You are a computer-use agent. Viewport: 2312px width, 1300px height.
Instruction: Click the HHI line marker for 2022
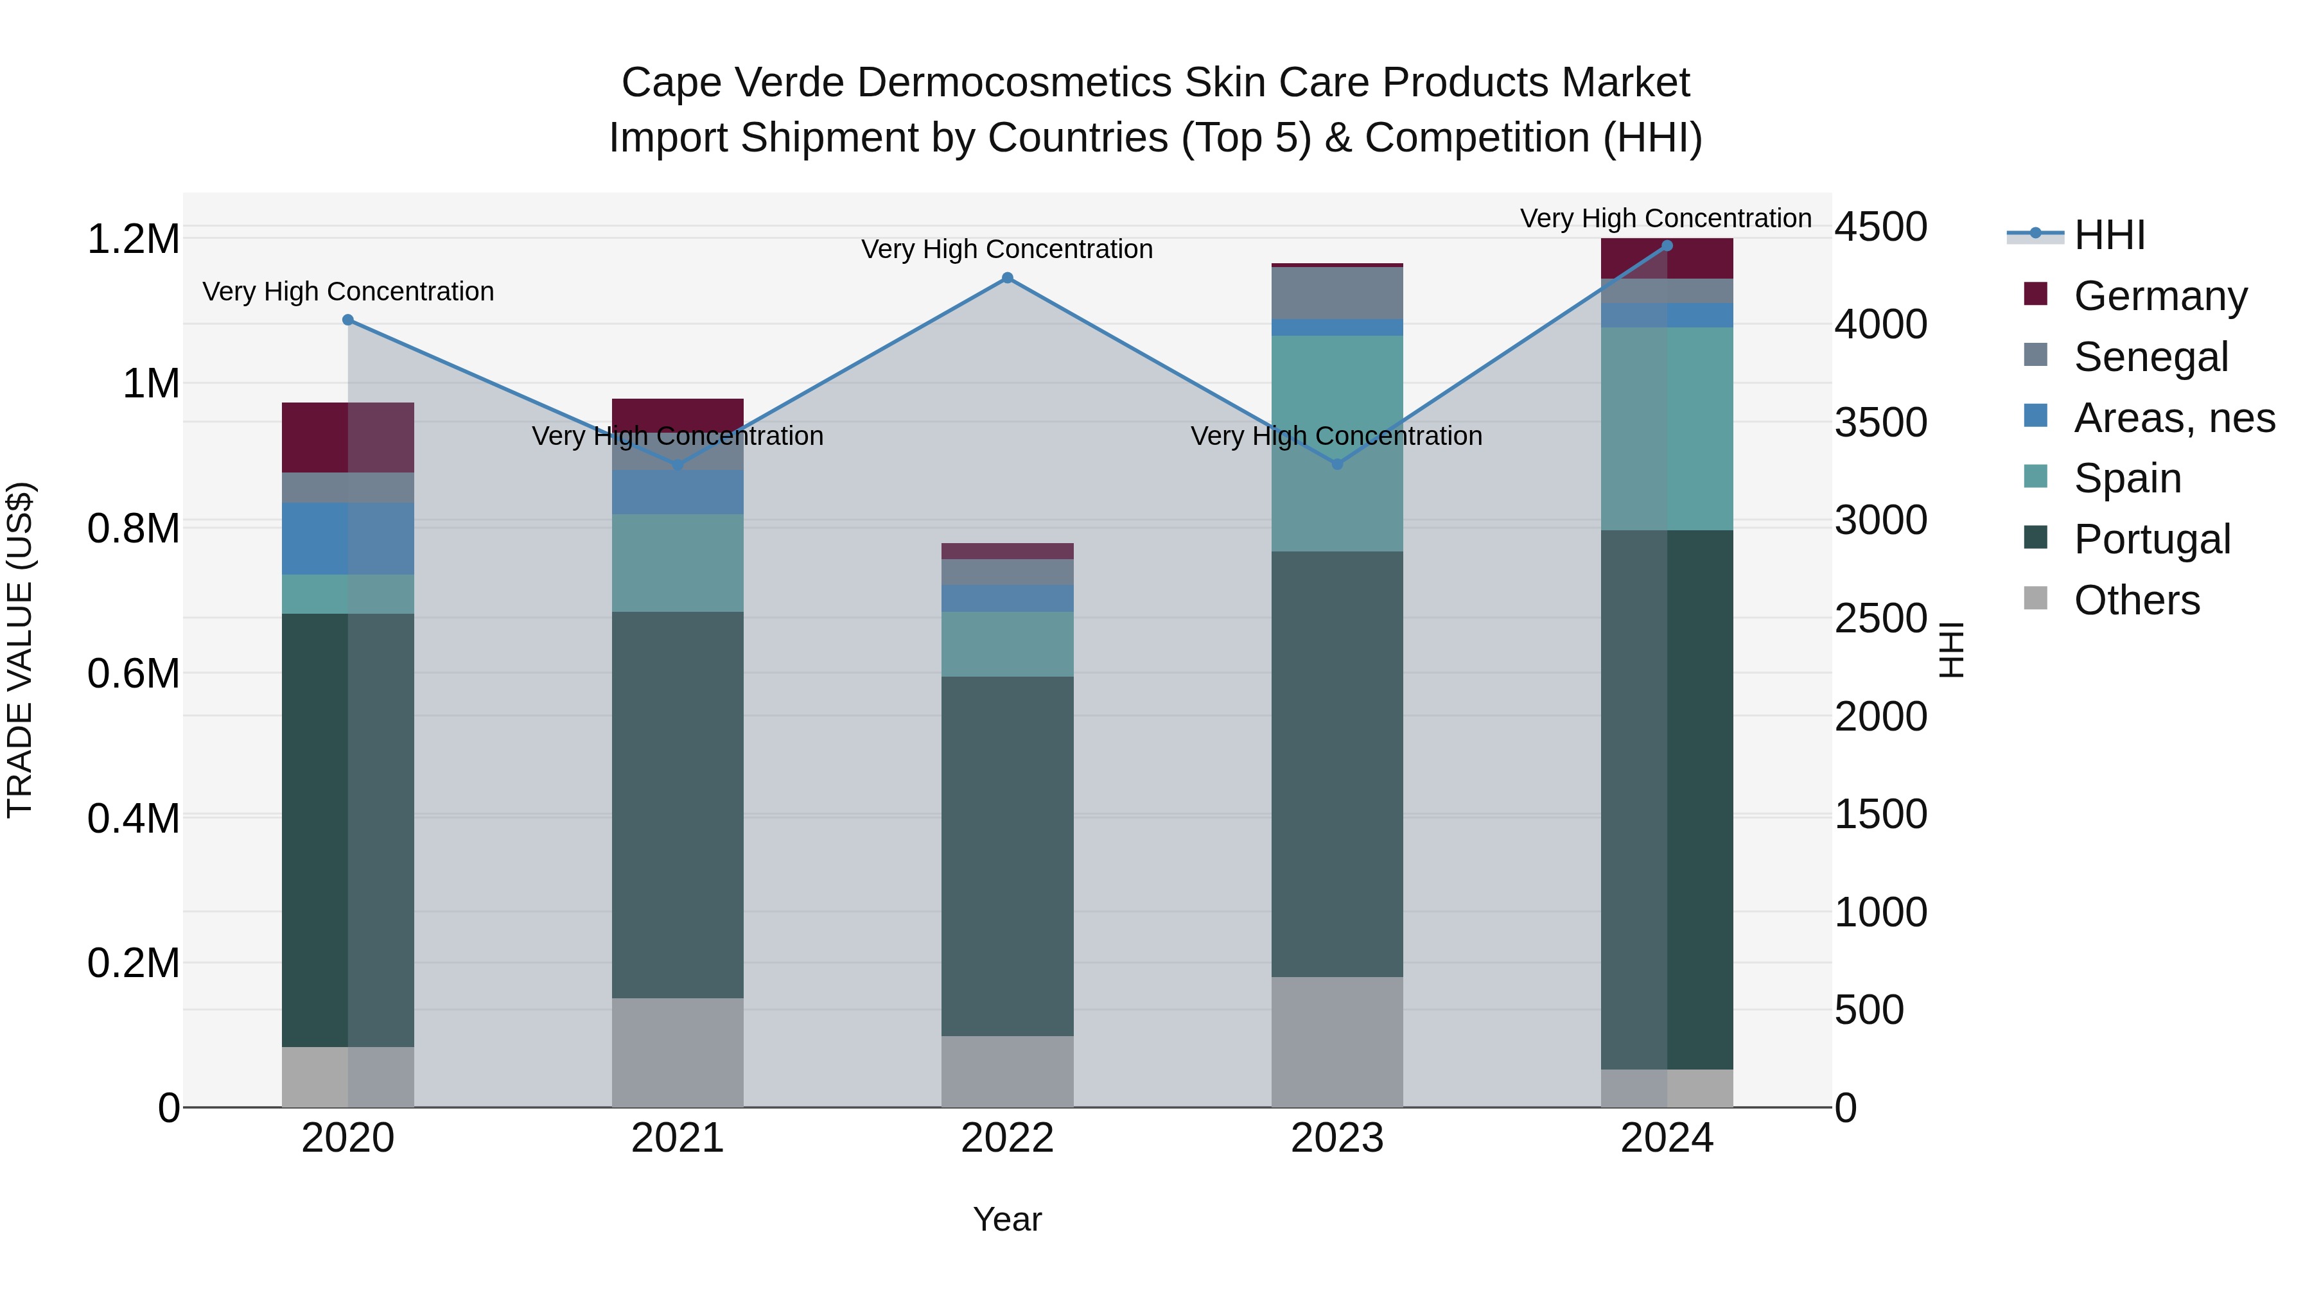1007,278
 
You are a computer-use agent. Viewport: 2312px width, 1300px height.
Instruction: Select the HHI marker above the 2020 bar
348,320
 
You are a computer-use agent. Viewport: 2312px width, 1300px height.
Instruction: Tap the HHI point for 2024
1667,246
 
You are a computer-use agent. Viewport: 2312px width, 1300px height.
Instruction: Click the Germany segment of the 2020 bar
348,438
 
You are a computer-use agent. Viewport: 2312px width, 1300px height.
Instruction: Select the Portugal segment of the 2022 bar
1007,857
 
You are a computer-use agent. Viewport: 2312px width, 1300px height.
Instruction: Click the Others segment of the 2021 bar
678,1052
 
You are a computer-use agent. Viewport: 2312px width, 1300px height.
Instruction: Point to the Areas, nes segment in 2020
348,539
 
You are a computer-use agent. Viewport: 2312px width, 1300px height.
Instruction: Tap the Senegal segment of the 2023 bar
1337,293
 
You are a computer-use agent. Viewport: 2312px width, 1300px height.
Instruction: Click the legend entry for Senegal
2150,357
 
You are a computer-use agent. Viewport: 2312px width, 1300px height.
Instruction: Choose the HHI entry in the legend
2109,235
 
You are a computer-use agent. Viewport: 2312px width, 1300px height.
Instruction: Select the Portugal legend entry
2151,539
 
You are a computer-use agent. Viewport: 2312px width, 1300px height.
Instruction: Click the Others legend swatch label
2136,600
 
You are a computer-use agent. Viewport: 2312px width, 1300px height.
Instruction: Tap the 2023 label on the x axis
1337,1138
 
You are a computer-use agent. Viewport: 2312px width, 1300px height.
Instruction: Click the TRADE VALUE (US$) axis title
20,650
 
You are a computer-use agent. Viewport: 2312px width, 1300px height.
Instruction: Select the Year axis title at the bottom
1007,1219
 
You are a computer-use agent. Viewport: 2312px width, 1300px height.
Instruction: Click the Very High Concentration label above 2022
1007,250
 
